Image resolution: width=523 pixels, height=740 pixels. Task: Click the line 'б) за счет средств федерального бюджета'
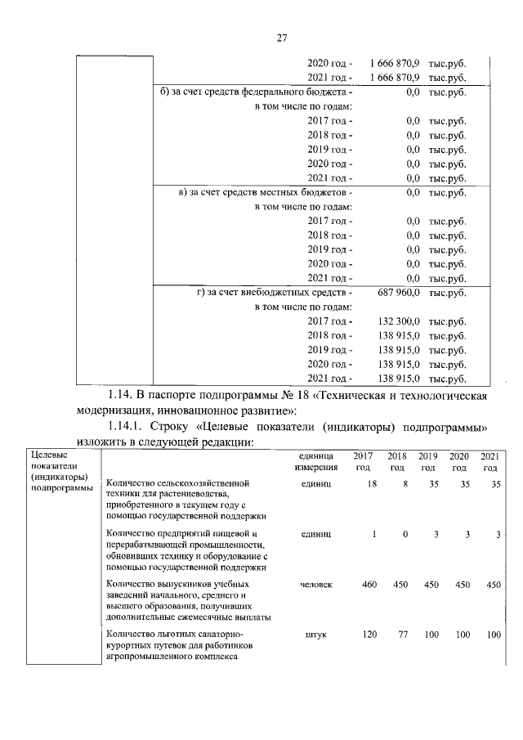256,92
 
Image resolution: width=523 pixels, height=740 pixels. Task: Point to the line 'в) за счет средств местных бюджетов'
266,192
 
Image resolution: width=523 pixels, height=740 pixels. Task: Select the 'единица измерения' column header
315,461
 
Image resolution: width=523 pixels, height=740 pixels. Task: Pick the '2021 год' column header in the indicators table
489,461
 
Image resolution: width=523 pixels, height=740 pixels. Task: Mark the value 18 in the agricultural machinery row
372,485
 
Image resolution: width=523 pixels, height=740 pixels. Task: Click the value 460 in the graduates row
369,585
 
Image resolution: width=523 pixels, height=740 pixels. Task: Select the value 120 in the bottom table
369,635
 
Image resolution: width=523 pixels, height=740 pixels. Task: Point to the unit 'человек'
316,585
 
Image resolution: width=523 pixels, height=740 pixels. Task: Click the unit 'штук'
315,635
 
